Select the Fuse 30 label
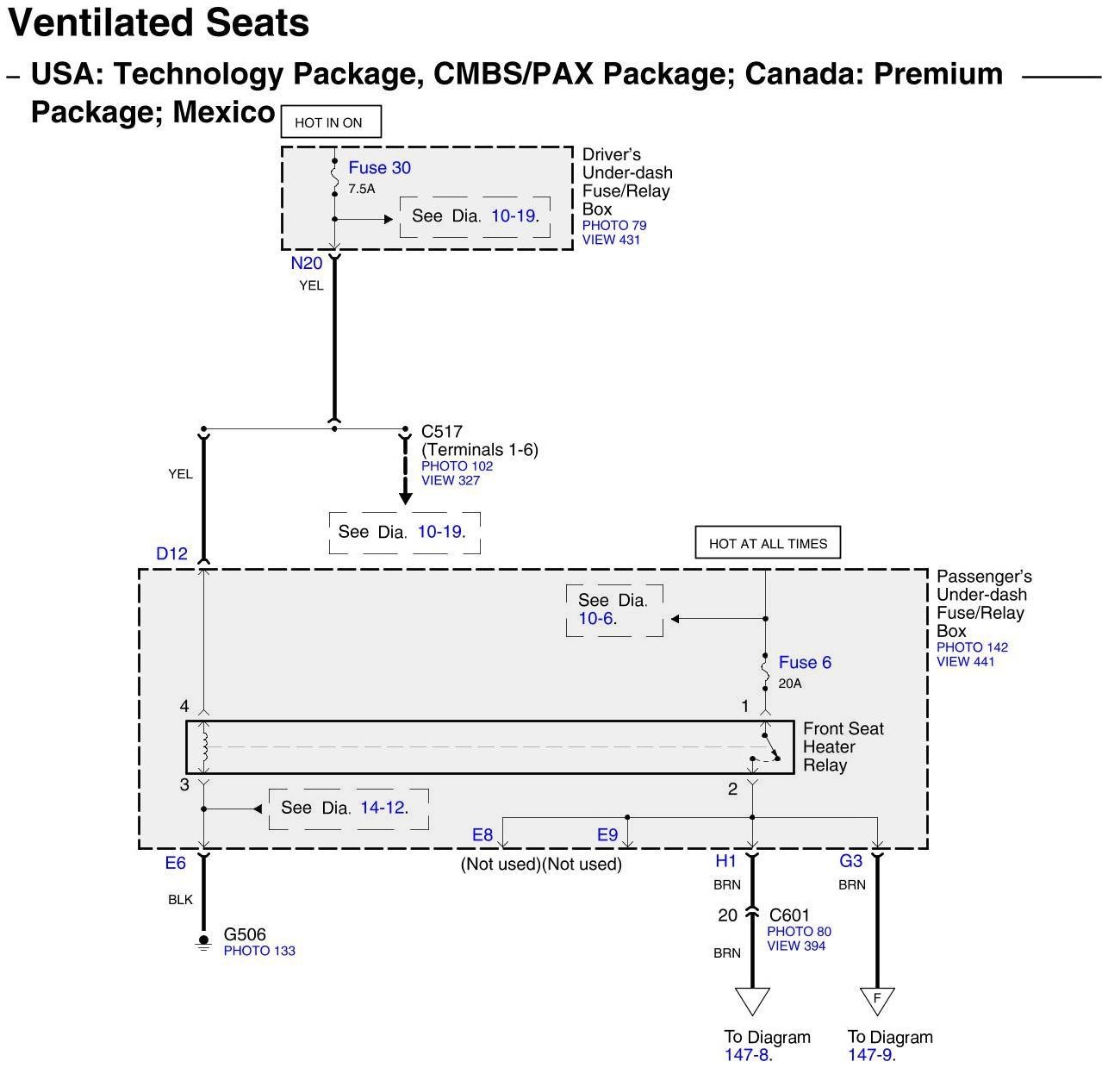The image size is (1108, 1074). pyautogui.click(x=379, y=168)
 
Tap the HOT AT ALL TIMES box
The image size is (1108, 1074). pyautogui.click(x=768, y=544)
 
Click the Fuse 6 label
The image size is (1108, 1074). pyautogui.click(x=805, y=663)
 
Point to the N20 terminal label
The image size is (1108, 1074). pyautogui.click(x=306, y=264)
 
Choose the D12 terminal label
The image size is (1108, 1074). pyautogui.click(x=171, y=554)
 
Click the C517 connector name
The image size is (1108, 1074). pyautogui.click(x=441, y=432)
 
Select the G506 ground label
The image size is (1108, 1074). pyautogui.click(x=245, y=934)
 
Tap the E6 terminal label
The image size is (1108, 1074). pyautogui.click(x=175, y=863)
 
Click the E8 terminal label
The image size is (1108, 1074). pyautogui.click(x=482, y=834)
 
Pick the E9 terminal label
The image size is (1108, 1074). pyautogui.click(x=607, y=834)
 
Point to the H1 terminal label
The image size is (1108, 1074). pyautogui.click(x=725, y=861)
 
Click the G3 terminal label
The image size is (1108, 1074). pyautogui.click(x=850, y=861)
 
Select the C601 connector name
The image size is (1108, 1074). pyautogui.click(x=789, y=915)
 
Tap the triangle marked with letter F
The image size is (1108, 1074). pyautogui.click(x=877, y=1000)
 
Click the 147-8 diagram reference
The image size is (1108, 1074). pyautogui.click(x=748, y=1055)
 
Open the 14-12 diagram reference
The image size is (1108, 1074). pyautogui.click(x=383, y=808)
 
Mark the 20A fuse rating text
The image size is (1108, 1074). pyautogui.click(x=790, y=684)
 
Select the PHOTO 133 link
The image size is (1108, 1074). pyautogui.click(x=259, y=951)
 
